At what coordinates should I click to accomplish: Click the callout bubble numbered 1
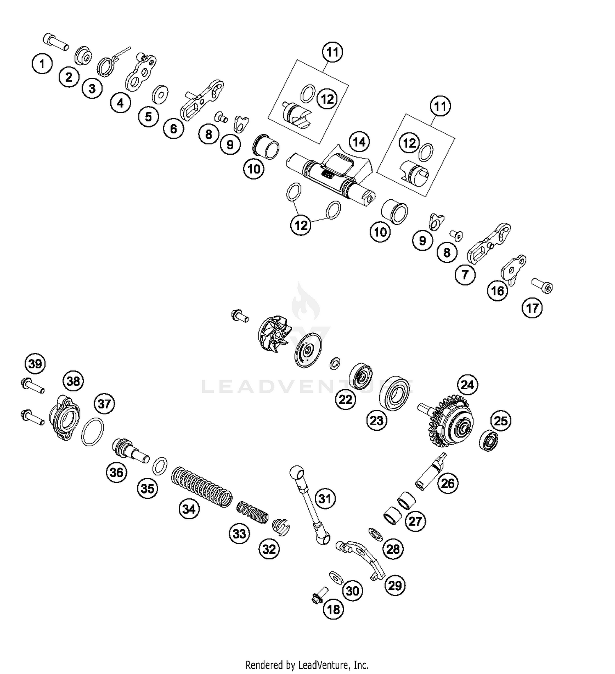[42, 64]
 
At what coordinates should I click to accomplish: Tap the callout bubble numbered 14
[359, 142]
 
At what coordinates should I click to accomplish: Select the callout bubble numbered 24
[467, 385]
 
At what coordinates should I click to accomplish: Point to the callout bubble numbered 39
[35, 363]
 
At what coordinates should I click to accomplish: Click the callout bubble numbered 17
[532, 308]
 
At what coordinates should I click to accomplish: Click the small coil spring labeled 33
[253, 512]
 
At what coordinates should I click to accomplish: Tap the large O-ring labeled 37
[92, 432]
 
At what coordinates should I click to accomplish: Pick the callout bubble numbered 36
[116, 473]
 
